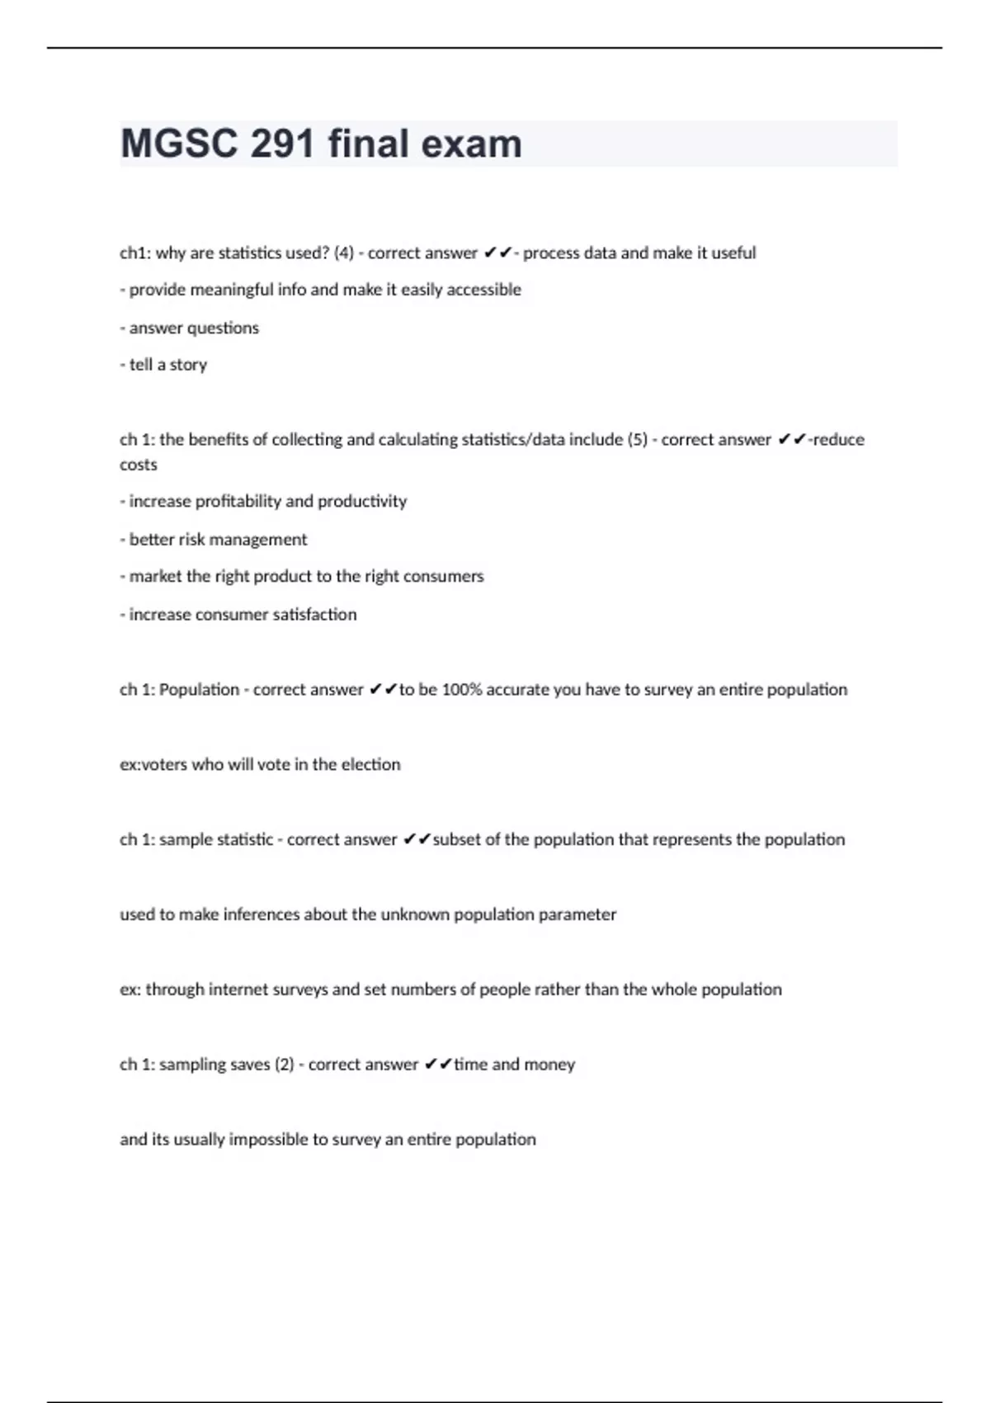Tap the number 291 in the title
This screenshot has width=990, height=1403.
pyautogui.click(x=283, y=144)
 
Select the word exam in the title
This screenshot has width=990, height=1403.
pyautogui.click(x=472, y=144)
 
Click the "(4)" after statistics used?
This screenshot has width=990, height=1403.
pyautogui.click(x=343, y=253)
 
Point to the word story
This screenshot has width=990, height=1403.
pyautogui.click(x=188, y=365)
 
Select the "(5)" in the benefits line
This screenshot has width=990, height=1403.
pyautogui.click(x=638, y=440)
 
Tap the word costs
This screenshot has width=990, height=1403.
pyautogui.click(x=138, y=465)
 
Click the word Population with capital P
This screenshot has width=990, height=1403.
pyautogui.click(x=199, y=690)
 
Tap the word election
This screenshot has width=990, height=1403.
pyautogui.click(x=370, y=765)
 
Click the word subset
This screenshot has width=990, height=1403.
pyautogui.click(x=456, y=840)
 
